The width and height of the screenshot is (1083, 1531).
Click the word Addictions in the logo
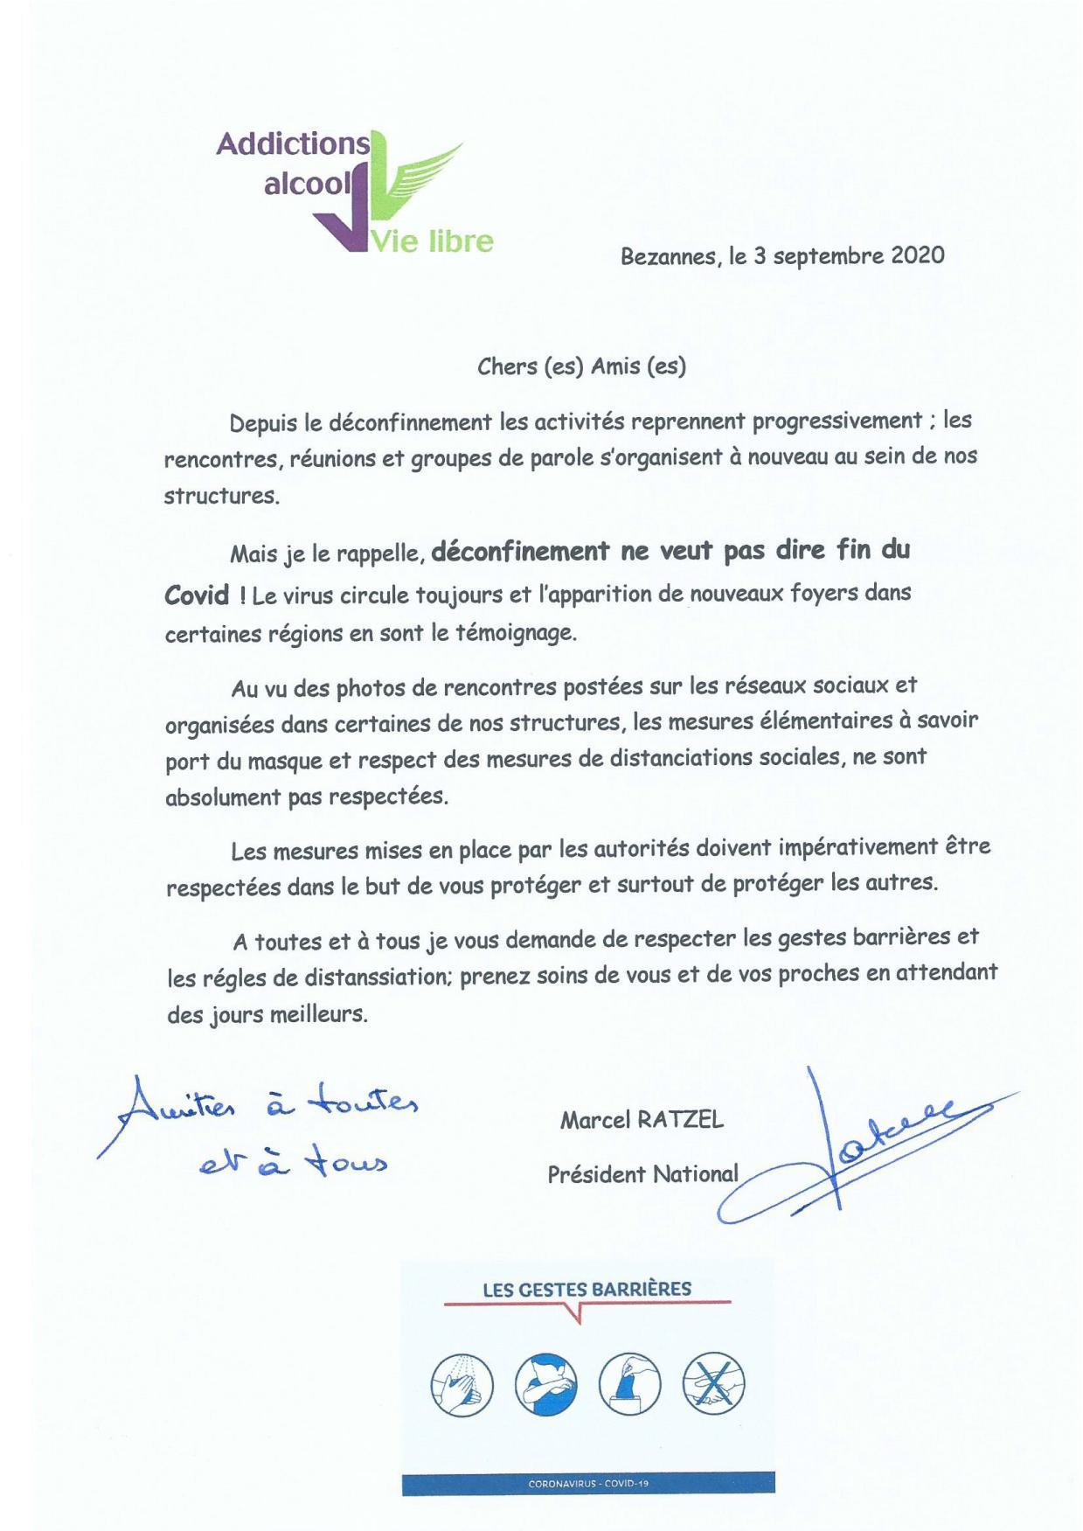pyautogui.click(x=293, y=144)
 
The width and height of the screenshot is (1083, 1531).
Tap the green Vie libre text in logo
pyautogui.click(x=433, y=240)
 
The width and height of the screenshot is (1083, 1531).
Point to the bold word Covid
pyautogui.click(x=198, y=596)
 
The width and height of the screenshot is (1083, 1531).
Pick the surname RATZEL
pyautogui.click(x=680, y=1120)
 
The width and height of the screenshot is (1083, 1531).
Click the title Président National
pyautogui.click(x=642, y=1174)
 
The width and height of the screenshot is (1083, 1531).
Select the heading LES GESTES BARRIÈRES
pyautogui.click(x=587, y=1289)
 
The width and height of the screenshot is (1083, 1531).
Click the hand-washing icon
pyautogui.click(x=462, y=1386)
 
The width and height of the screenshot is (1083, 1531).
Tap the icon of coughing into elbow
pyautogui.click(x=545, y=1386)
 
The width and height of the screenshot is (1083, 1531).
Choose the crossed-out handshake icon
pyautogui.click(x=713, y=1386)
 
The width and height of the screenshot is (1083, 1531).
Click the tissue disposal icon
pyautogui.click(x=629, y=1386)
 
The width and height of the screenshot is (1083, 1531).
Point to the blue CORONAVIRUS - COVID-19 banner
pyautogui.click(x=587, y=1484)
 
